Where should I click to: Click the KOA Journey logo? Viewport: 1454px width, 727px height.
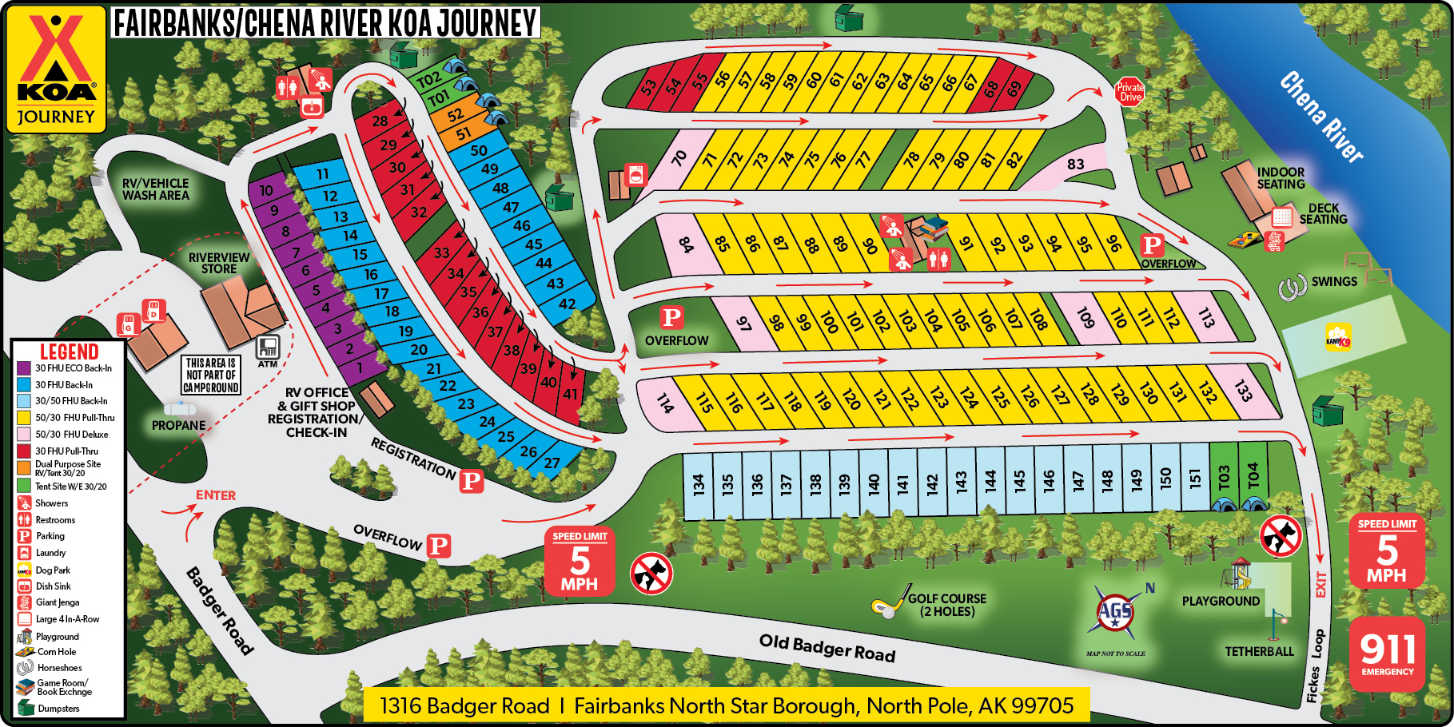click(56, 69)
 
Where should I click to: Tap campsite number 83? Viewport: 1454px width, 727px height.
click(1075, 165)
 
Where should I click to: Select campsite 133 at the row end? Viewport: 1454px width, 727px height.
click(1242, 391)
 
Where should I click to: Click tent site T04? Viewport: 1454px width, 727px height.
click(1253, 476)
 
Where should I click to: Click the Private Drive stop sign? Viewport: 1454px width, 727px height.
click(1129, 92)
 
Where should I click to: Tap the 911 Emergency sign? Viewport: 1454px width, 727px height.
click(1387, 653)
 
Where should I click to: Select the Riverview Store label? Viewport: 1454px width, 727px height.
click(218, 263)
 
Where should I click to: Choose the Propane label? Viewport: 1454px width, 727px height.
click(178, 425)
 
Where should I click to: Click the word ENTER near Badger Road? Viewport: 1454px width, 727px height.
click(216, 495)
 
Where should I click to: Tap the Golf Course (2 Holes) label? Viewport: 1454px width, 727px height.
click(946, 605)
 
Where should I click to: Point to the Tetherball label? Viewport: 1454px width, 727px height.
click(1259, 652)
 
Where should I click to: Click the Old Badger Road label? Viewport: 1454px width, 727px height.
click(827, 648)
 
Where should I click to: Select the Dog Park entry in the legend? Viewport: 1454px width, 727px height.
click(53, 570)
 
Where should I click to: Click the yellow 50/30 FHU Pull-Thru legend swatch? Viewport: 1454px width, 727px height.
click(24, 417)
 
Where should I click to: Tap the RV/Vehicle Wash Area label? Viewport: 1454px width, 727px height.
click(156, 189)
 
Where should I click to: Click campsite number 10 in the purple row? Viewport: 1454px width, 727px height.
click(266, 191)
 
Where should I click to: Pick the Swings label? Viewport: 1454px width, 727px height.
click(1333, 282)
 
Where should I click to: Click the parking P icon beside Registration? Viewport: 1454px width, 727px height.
click(472, 481)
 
